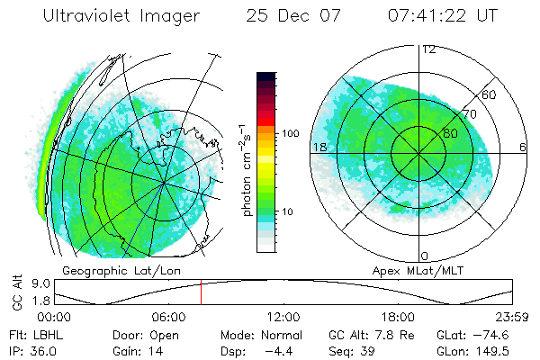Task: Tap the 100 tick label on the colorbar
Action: (x=290, y=133)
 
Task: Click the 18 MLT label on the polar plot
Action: (x=318, y=146)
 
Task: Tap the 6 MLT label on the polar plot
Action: (x=523, y=146)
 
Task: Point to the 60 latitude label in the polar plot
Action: (x=490, y=94)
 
